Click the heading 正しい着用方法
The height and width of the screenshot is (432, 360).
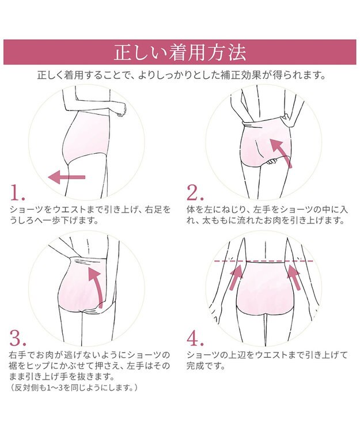point(180,52)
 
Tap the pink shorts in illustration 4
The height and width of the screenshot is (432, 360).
point(264,288)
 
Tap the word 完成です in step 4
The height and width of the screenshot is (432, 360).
point(203,365)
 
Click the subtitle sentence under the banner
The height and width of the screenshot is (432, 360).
point(180,75)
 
